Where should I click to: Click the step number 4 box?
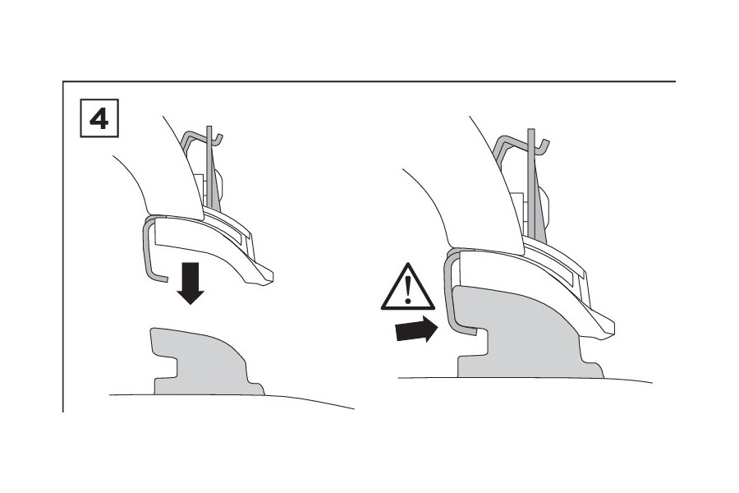[x=99, y=118]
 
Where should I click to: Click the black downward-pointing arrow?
[x=190, y=283]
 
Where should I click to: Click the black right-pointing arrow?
[x=416, y=329]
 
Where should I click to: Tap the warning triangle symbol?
[x=407, y=288]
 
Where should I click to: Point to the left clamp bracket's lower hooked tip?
[x=164, y=279]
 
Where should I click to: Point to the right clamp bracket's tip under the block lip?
[x=472, y=332]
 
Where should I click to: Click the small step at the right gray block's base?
[x=593, y=368]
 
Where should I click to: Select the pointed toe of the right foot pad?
[x=606, y=332]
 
